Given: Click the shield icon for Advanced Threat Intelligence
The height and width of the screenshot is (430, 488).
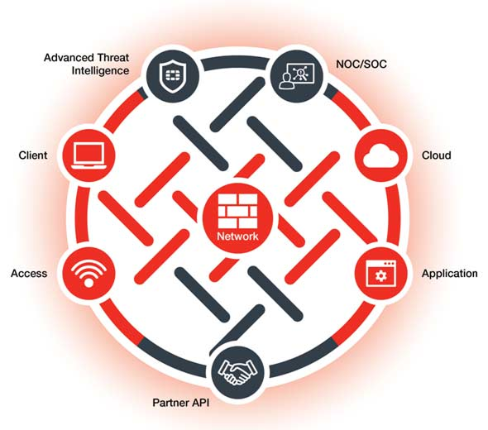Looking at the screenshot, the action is (x=172, y=75).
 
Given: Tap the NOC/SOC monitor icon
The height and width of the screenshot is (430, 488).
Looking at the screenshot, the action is (x=296, y=76).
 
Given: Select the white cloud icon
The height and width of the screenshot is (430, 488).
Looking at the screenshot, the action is (x=381, y=156).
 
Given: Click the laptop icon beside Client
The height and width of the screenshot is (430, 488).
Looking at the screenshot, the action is (x=89, y=156).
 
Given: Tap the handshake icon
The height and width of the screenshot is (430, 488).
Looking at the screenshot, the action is (x=237, y=371).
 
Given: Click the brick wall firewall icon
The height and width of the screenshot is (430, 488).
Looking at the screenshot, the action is (x=237, y=211).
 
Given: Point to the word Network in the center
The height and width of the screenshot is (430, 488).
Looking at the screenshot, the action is (x=237, y=236).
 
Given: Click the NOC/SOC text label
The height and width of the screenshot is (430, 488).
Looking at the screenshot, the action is (x=361, y=64).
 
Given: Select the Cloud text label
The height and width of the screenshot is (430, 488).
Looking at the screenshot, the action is (x=437, y=155).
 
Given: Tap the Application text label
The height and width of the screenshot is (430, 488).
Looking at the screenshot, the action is (x=449, y=274).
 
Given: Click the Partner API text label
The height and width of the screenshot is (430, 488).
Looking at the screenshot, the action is (x=181, y=403).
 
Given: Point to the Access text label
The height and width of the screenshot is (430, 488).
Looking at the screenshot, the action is (x=29, y=274).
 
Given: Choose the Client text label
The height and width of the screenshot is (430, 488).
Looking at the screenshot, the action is (x=33, y=155).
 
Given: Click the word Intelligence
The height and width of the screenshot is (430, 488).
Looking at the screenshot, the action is (x=100, y=71).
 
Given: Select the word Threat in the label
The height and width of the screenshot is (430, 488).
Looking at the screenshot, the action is (x=113, y=58).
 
